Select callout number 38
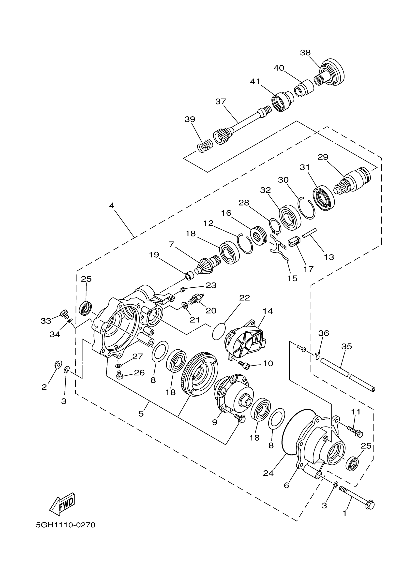coord(305,53)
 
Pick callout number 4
coord(112,205)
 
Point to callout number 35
coord(346,346)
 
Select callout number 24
coord(268,473)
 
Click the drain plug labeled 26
coord(119,375)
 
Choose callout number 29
coord(323,157)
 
